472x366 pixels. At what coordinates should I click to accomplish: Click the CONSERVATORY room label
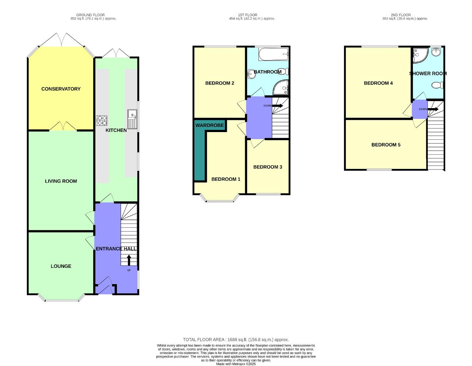tap(61, 89)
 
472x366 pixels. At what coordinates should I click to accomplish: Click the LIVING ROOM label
tap(61, 181)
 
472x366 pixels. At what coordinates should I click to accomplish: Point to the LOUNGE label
tap(61, 266)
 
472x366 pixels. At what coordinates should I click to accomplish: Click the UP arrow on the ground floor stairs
tap(129, 260)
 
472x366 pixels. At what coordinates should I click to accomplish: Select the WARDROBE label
tap(209, 125)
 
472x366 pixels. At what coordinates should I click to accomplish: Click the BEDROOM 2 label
tap(220, 83)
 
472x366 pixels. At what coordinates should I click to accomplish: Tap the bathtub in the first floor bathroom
tap(273, 54)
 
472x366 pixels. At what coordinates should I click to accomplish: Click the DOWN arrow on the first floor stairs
tap(277, 106)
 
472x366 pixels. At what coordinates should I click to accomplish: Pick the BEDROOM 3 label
tap(268, 167)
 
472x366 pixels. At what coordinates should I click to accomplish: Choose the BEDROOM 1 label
tap(226, 179)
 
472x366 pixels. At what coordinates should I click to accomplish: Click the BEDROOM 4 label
tap(378, 83)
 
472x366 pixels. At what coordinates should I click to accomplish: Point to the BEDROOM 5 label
tap(386, 145)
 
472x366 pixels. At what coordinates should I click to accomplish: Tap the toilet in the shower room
tap(437, 86)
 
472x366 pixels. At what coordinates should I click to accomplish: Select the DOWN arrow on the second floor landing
tap(433, 109)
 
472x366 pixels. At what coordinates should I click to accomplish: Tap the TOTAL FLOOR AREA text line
tap(236, 339)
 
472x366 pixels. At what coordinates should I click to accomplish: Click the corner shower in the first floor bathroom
tap(282, 87)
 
